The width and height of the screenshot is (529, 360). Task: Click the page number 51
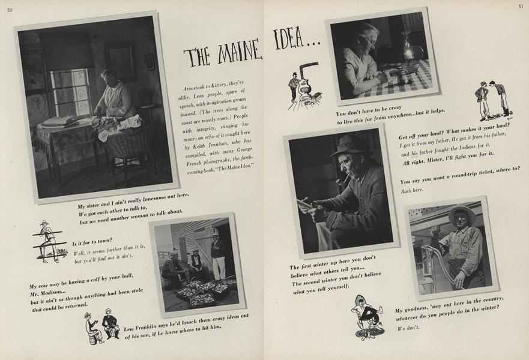click(x=520, y=7)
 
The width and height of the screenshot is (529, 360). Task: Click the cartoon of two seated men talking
click(x=101, y=326)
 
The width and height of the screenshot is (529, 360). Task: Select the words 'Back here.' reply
click(x=413, y=190)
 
